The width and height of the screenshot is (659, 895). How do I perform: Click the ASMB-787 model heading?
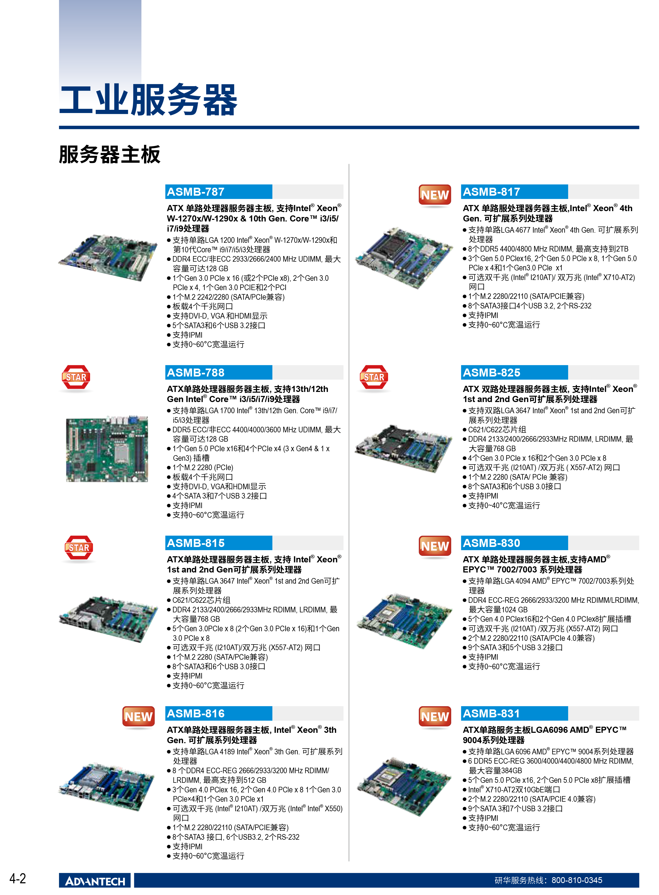196,192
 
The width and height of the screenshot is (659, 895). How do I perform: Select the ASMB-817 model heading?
491,192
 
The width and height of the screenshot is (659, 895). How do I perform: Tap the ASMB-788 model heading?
196,373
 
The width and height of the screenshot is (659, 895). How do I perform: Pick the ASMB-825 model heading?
491,373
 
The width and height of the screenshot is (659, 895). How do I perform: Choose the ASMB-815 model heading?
196,543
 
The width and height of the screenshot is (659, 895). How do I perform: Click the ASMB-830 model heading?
491,543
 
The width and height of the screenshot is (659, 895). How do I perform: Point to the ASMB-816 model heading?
196,713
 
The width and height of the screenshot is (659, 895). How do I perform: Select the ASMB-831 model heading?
491,713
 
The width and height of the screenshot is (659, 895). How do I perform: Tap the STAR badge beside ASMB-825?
374,377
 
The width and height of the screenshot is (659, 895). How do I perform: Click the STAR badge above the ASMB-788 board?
76,377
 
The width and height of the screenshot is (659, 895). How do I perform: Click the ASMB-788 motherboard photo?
107,449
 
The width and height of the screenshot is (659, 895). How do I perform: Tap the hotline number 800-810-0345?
577,880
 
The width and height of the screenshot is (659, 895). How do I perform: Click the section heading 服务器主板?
110,154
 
